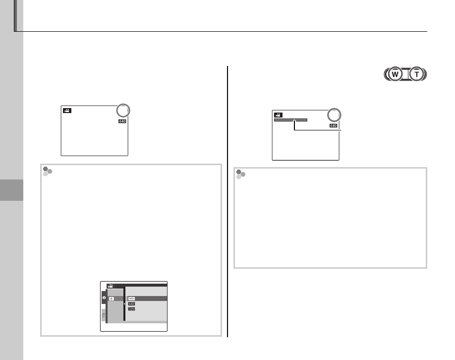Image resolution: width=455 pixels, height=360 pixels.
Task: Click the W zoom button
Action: [395, 74]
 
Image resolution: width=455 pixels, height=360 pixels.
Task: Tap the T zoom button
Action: [417, 74]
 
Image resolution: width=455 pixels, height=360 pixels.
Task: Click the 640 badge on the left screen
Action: [122, 121]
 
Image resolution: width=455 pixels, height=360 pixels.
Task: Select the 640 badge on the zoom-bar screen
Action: [334, 126]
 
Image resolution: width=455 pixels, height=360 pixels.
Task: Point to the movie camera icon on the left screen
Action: [67, 111]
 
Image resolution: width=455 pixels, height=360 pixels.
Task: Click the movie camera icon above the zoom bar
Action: [278, 115]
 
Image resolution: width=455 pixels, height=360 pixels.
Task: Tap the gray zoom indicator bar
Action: [291, 120]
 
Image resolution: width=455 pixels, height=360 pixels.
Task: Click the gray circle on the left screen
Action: [123, 111]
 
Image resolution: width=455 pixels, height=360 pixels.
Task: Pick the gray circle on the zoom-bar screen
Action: [334, 115]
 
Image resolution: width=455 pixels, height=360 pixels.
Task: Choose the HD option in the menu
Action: [131, 299]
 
